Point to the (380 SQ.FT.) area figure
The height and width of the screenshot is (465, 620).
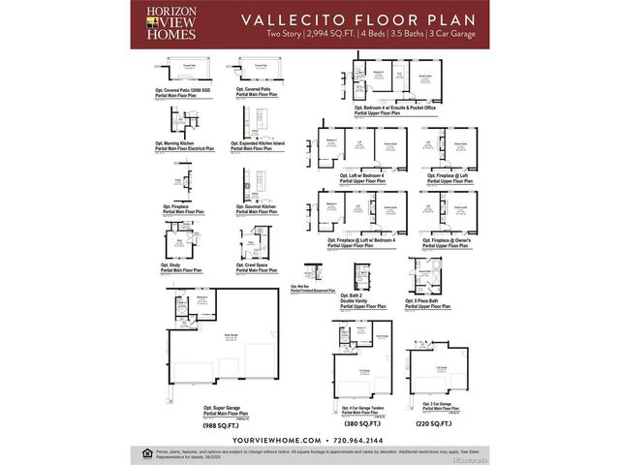tap(361, 423)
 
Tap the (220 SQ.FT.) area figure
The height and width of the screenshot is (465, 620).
tap(434, 423)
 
